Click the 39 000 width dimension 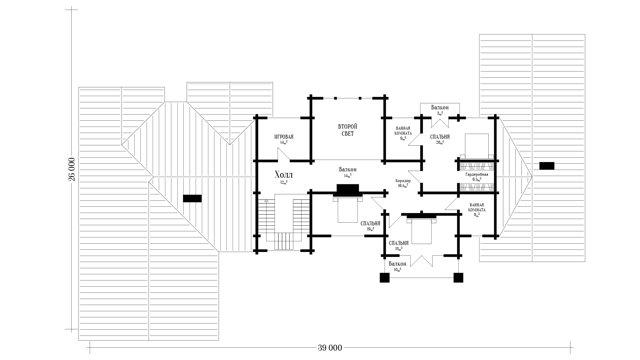(330, 348)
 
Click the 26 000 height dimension (72, 169)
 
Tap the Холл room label (284, 175)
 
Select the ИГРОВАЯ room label (284, 137)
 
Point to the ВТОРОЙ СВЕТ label (348, 130)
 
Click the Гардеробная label (477, 174)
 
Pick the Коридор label (403, 181)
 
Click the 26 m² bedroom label (440, 137)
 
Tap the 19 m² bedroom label (370, 224)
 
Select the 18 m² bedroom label (399, 243)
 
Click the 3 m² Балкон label (440, 107)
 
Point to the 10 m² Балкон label (397, 264)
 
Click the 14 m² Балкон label (348, 169)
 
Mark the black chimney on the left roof (192, 198)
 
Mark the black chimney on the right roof (547, 166)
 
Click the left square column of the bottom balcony (385, 278)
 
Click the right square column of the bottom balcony (458, 278)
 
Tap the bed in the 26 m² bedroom (477, 146)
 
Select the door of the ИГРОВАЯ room (284, 155)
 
